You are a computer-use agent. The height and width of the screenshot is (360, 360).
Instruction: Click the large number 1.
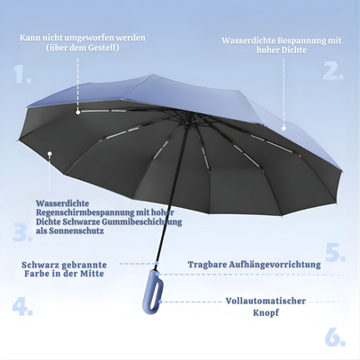point(22,74)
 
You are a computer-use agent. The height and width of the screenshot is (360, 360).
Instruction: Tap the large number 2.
point(333,70)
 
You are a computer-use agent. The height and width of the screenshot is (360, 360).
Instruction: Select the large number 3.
point(22,234)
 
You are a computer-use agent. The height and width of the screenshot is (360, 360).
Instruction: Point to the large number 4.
point(22,306)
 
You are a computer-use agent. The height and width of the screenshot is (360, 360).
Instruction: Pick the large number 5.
point(335,252)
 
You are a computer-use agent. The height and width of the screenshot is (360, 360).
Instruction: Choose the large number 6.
point(335,337)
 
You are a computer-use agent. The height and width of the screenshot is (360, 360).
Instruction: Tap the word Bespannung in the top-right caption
point(285,40)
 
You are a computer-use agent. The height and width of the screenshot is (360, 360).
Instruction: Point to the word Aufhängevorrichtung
point(278,265)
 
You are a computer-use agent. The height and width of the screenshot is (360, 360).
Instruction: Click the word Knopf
point(265,313)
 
